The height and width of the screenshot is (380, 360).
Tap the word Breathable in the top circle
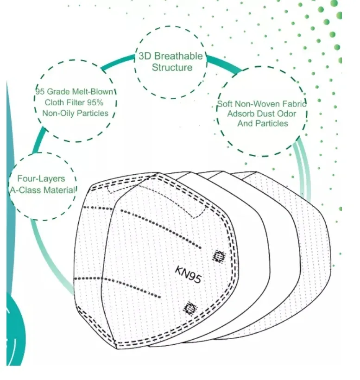tap(178, 57)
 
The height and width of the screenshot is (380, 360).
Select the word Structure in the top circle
tap(172, 68)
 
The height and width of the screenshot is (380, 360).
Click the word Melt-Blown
tap(95, 92)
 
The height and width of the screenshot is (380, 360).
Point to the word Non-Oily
tap(56, 113)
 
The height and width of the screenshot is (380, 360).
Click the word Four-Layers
tap(41, 179)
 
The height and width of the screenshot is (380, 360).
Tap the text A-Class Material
tap(42, 190)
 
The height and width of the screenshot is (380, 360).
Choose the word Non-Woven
tap(257, 104)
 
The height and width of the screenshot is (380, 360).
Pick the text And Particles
tap(263, 123)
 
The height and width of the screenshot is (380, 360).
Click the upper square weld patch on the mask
tap(218, 255)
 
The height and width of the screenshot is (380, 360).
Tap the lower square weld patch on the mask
tap(190, 307)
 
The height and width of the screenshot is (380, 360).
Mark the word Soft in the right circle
tap(226, 104)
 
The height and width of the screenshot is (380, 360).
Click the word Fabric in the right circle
tap(294, 104)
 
